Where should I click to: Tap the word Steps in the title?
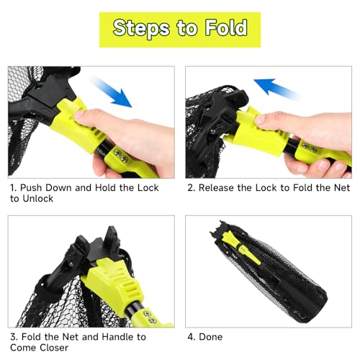click(141, 29)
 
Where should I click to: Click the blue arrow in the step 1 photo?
click(112, 92)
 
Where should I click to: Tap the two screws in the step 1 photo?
click(121, 156)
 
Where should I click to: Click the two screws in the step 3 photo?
click(149, 317)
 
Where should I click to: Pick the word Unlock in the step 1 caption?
click(38, 199)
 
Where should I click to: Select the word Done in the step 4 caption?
click(211, 337)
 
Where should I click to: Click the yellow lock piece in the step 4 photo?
click(241, 247)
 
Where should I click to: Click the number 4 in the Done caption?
click(191, 337)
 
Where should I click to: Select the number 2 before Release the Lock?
click(191, 188)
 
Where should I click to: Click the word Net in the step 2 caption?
click(342, 188)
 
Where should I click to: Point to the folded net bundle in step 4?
click(271, 274)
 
